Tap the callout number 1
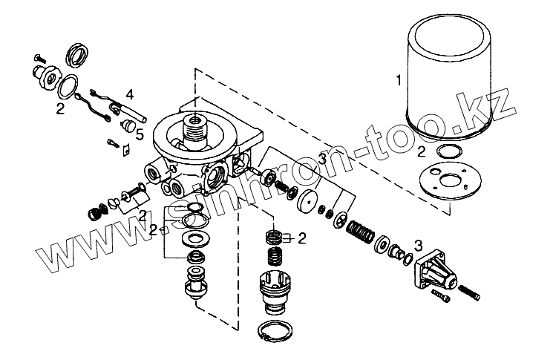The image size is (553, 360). pos(399,79)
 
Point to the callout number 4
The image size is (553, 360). pos(129,95)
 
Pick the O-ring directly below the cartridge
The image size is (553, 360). pos(446,152)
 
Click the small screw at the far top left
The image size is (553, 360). pos(41,57)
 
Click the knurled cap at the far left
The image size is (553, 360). pos(94,213)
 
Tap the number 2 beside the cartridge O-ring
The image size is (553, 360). pos(421,151)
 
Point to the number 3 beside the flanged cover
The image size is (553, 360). pos(419,244)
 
